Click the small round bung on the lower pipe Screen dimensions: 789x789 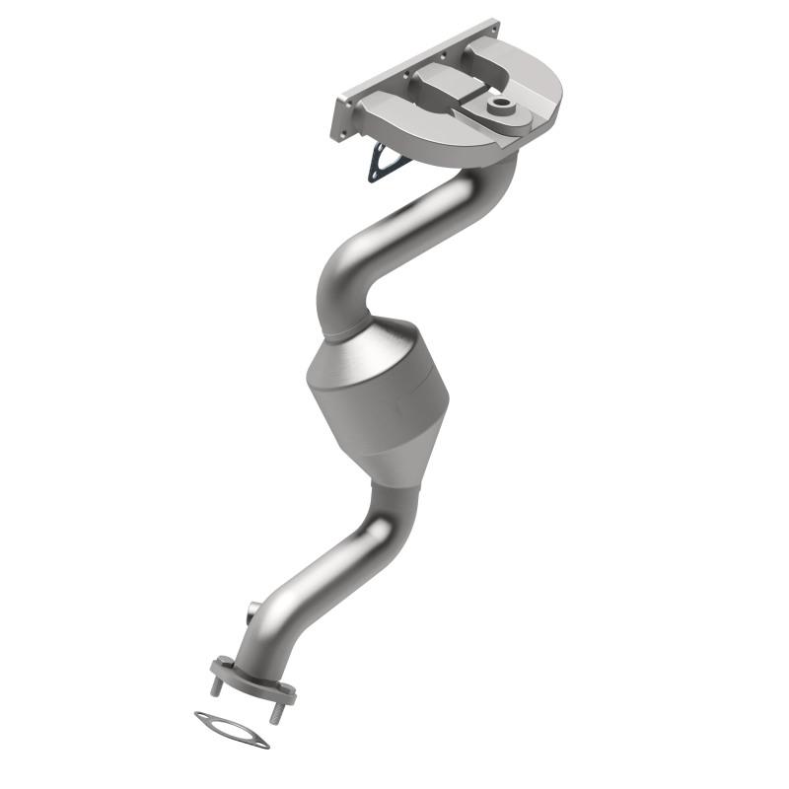tap(255, 610)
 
